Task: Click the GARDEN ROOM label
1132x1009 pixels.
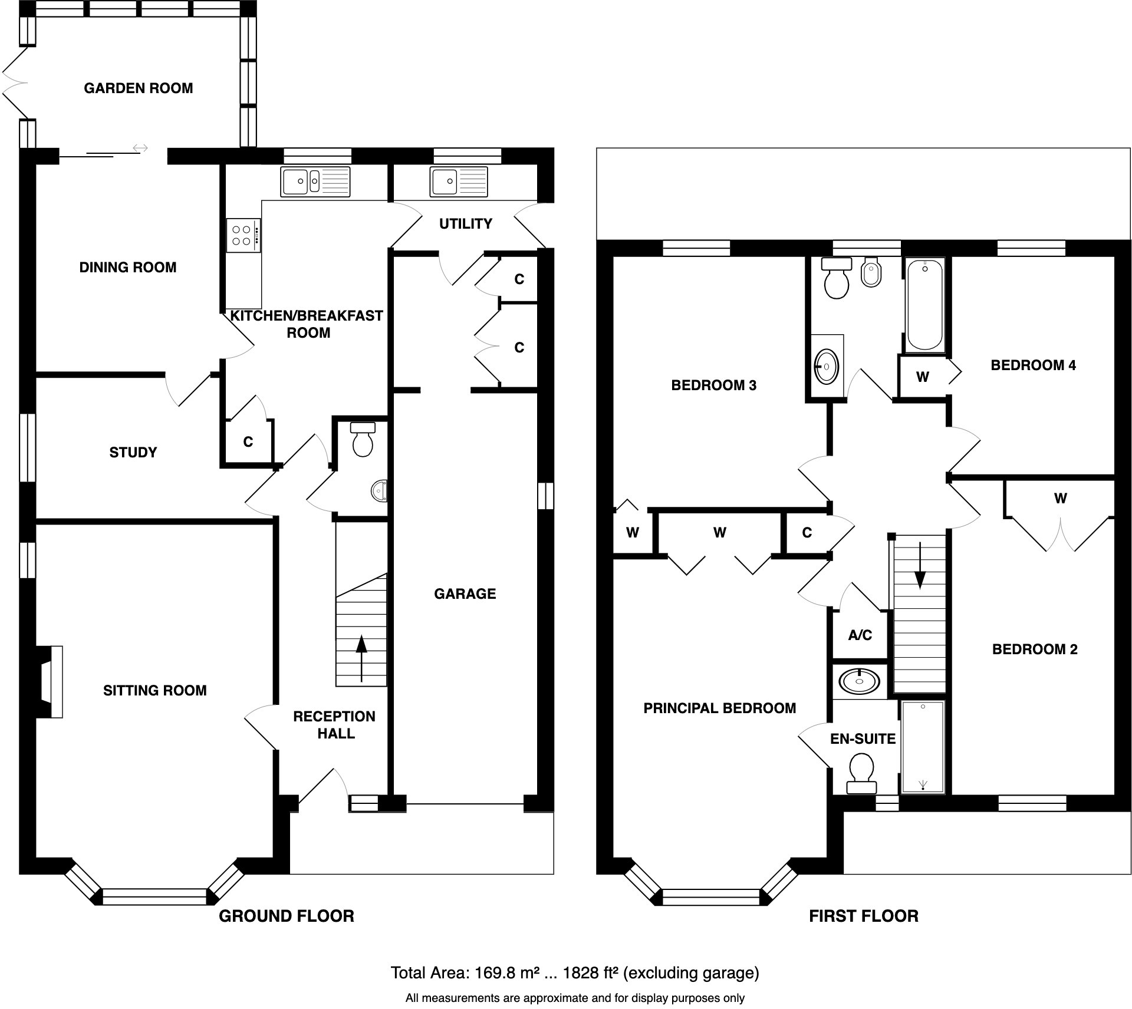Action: pyautogui.click(x=139, y=88)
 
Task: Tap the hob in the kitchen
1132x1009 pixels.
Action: pyautogui.click(x=243, y=235)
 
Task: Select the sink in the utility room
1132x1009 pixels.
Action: pyautogui.click(x=459, y=182)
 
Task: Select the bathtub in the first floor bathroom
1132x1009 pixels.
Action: pyautogui.click(x=924, y=305)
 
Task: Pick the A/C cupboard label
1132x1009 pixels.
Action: pyautogui.click(x=860, y=635)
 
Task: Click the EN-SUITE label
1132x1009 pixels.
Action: pyautogui.click(x=863, y=738)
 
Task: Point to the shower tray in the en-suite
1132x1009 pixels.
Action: pyautogui.click(x=923, y=747)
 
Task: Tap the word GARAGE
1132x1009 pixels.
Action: pyautogui.click(x=465, y=593)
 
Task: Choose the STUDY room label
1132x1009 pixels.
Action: pyautogui.click(x=133, y=453)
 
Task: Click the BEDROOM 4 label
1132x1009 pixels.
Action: pyautogui.click(x=1033, y=365)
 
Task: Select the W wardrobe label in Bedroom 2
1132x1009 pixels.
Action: pyautogui.click(x=1060, y=499)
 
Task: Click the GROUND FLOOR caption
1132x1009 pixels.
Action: pyautogui.click(x=287, y=916)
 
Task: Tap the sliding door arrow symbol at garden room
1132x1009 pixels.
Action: pyautogui.click(x=140, y=148)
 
